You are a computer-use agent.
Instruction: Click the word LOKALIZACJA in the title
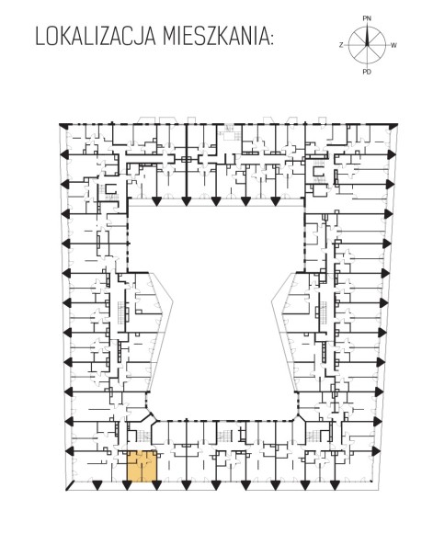(96, 36)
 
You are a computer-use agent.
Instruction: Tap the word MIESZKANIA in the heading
(215, 36)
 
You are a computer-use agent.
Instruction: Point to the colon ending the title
(271, 39)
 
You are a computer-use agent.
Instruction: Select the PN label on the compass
(367, 18)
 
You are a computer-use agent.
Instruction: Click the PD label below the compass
(367, 72)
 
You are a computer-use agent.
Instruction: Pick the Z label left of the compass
(341, 45)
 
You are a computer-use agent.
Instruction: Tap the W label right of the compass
(393, 45)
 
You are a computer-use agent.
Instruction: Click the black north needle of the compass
(367, 36)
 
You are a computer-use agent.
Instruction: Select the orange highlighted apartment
(142, 466)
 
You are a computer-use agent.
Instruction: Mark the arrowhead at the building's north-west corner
(63, 125)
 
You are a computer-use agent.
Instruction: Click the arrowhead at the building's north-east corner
(393, 126)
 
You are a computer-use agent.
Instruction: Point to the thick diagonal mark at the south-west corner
(70, 486)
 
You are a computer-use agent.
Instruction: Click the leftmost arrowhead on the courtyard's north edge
(156, 201)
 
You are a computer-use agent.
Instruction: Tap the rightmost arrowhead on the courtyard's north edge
(275, 201)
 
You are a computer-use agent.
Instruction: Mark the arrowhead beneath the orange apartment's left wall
(127, 485)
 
